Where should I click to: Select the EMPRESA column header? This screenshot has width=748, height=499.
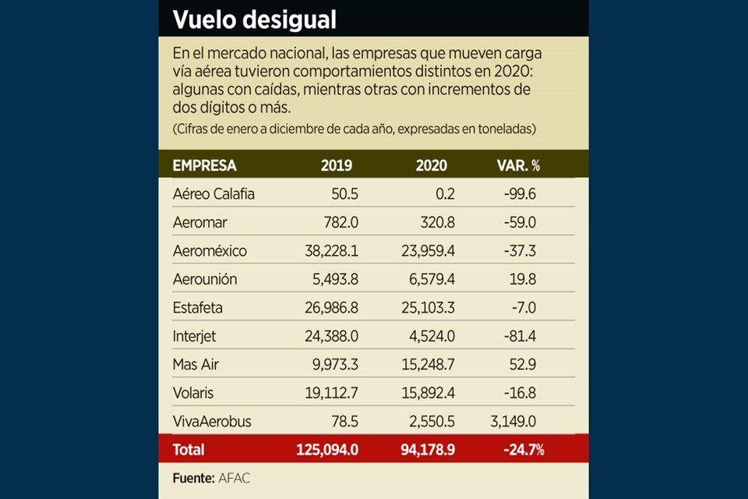(x=204, y=165)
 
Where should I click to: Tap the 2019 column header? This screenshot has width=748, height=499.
(x=337, y=165)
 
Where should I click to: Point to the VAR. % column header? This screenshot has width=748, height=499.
(x=518, y=165)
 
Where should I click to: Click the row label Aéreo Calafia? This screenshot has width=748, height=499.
(x=213, y=194)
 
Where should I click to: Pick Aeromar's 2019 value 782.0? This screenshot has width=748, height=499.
(x=341, y=222)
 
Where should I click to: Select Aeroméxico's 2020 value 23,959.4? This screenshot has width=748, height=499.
(x=422, y=251)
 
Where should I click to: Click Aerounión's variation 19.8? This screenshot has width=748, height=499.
(x=522, y=279)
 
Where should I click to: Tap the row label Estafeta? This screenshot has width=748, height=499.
(x=197, y=307)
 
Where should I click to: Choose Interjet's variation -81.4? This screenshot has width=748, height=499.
(x=519, y=336)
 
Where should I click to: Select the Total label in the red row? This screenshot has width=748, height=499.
(x=189, y=450)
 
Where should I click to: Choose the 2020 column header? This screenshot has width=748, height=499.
(x=432, y=165)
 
